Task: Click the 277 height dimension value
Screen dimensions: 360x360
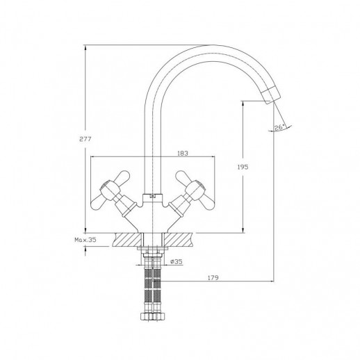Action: [85, 139]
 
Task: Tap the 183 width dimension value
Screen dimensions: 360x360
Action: [183, 154]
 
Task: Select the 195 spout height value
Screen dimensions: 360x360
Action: [243, 167]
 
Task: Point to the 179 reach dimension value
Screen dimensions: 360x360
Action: [213, 277]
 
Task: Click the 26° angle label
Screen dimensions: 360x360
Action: [279, 127]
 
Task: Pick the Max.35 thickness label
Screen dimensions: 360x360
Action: [85, 240]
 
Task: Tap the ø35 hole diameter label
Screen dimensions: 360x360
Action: [177, 261]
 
